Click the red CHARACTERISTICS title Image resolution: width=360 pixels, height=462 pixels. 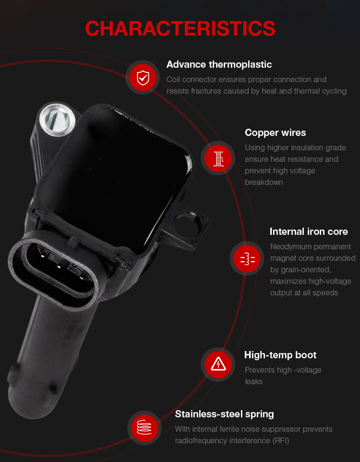(180, 29)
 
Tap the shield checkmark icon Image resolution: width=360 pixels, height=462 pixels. (143, 78)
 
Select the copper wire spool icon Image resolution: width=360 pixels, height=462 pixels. (218, 158)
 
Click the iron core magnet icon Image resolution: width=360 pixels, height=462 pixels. (248, 259)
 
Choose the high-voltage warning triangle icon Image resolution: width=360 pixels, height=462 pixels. (218, 364)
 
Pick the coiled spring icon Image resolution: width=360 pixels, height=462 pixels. (144, 427)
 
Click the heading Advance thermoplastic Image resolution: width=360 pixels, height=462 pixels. (219, 64)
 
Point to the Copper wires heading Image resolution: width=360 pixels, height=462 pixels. (275, 133)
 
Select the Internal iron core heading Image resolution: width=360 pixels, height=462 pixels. (309, 231)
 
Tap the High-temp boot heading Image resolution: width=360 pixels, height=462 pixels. (280, 355)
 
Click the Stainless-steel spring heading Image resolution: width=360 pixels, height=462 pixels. (224, 414)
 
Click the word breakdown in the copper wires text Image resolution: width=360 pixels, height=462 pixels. (264, 182)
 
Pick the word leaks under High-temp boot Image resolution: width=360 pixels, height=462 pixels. (253, 382)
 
